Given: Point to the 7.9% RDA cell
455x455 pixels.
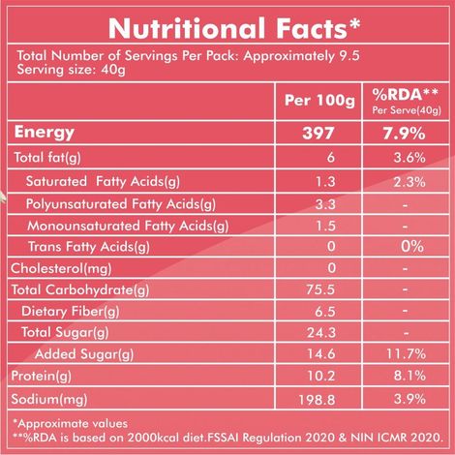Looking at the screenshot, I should tap(401, 132).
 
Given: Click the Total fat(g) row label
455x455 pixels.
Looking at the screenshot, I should tap(45, 157).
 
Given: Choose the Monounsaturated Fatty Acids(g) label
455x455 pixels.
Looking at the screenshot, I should tap(125, 226).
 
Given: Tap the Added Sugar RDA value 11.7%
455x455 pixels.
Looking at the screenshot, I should tap(401, 355).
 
